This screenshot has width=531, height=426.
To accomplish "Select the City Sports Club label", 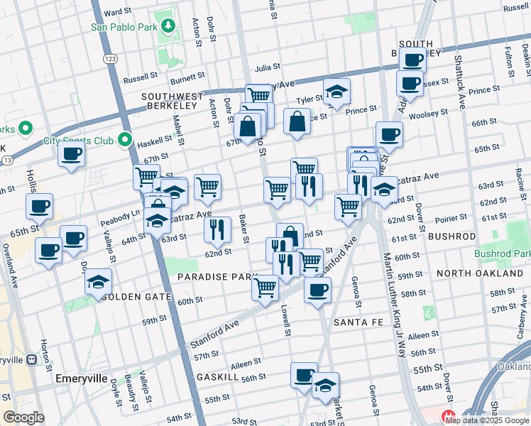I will point(78,141).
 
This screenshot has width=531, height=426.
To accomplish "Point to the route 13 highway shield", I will point(6,161).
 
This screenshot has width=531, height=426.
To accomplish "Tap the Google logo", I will point(23,417).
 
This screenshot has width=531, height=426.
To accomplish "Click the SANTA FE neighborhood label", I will point(358,322).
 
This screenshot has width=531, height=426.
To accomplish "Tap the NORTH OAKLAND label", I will point(479,273).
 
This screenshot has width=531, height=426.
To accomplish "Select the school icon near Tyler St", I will point(336,91).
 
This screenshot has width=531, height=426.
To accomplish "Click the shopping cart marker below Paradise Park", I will point(265,288).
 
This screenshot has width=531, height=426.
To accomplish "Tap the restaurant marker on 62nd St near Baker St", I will point(217,229).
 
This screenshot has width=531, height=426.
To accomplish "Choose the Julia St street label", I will point(268,68).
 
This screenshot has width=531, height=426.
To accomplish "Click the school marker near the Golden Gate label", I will point(99,282).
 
